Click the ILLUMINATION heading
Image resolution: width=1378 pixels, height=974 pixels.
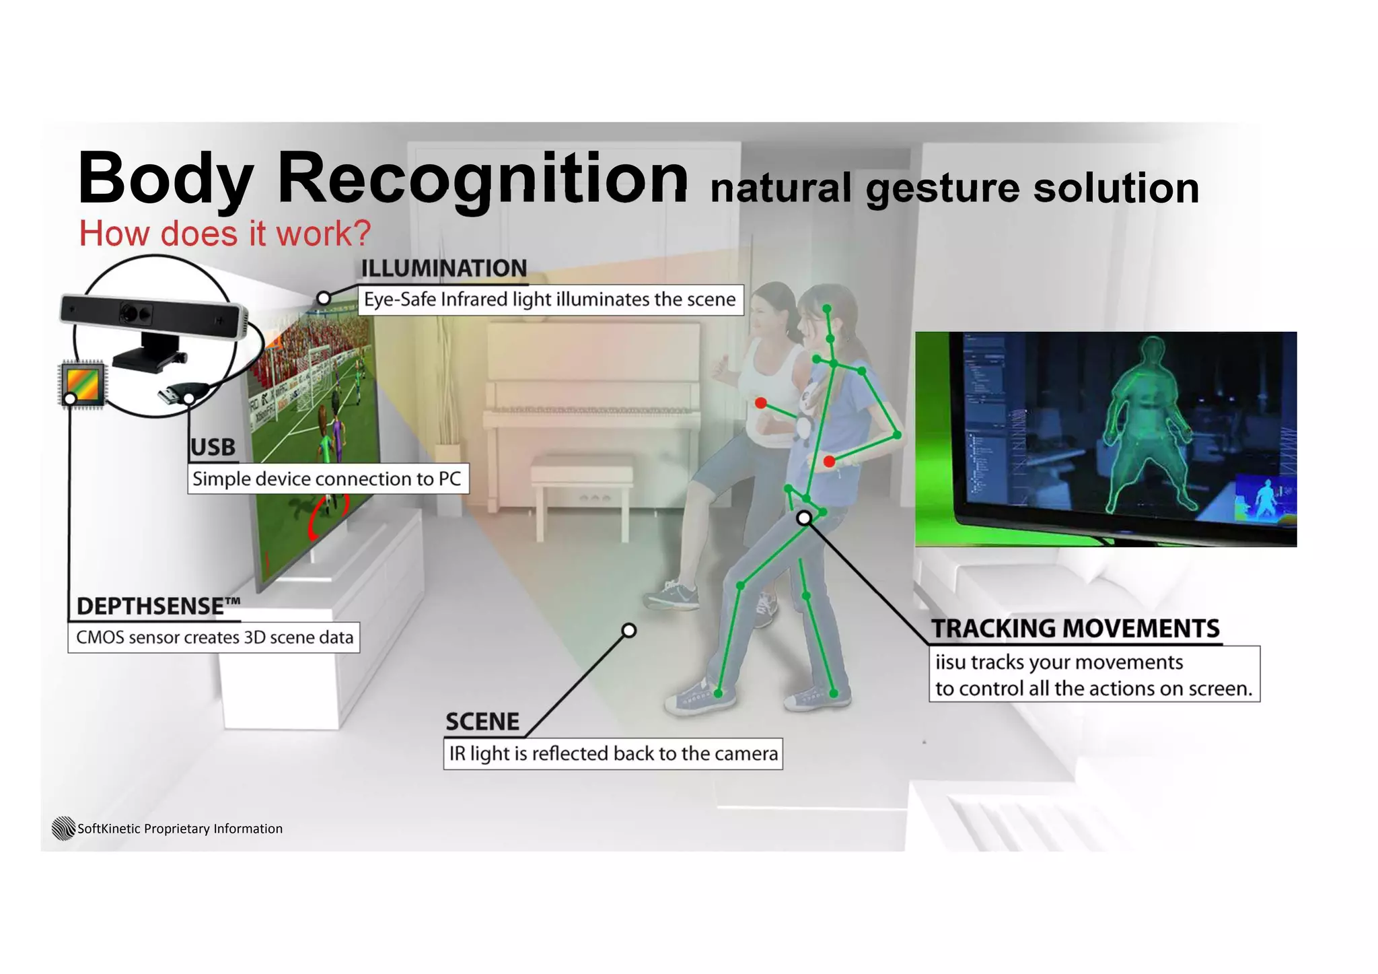click(443, 268)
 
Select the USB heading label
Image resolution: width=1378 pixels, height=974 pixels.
click(213, 448)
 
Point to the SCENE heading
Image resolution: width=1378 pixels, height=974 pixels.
click(482, 722)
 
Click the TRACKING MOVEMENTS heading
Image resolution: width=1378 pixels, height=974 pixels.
click(1075, 629)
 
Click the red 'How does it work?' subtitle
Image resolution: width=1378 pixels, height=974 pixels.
click(225, 234)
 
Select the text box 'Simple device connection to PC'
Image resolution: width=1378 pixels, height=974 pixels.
click(327, 479)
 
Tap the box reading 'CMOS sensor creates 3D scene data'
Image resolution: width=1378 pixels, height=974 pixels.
click(214, 637)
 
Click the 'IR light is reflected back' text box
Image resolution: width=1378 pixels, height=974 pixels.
click(613, 753)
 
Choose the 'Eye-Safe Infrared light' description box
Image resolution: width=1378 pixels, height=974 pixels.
click(550, 300)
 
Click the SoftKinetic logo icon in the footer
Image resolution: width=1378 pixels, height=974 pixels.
click(63, 828)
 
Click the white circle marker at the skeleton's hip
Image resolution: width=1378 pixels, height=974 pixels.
click(804, 518)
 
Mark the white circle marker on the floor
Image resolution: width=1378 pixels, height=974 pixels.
click(629, 630)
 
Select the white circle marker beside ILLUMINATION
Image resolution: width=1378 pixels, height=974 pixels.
click(324, 298)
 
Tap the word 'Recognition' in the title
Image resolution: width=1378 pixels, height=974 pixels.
click(482, 177)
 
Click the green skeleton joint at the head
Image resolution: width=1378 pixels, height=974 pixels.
click(828, 310)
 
